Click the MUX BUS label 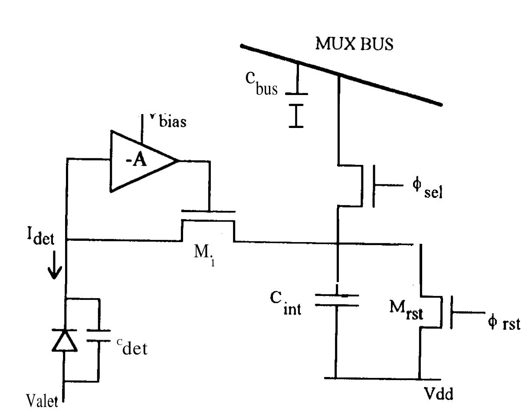coord(354,44)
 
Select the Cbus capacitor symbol coord(296,104)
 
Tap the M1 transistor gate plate coord(208,212)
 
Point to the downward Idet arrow coord(54,269)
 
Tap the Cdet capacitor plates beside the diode coord(99,335)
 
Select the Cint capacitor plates coord(337,300)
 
